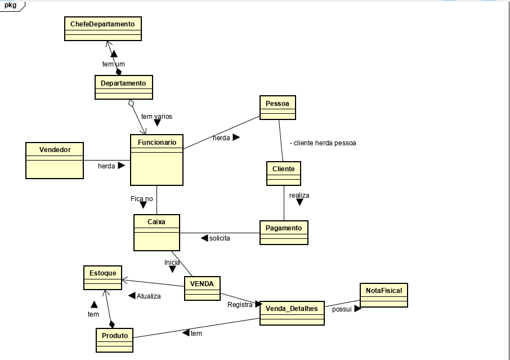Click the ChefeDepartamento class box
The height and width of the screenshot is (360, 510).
[x=103, y=29]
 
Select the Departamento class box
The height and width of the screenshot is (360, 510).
[x=124, y=87]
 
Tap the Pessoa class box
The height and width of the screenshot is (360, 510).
[x=278, y=108]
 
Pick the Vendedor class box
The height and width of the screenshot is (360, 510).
[x=55, y=161]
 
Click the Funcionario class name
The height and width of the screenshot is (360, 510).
[x=157, y=142]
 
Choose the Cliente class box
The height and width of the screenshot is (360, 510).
[x=284, y=174]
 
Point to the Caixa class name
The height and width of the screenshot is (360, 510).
[x=156, y=221]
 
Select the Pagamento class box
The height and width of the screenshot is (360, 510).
[x=284, y=233]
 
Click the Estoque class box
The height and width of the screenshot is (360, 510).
[x=103, y=278]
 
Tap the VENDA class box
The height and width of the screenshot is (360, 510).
[x=202, y=288]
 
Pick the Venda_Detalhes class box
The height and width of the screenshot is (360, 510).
[x=292, y=313]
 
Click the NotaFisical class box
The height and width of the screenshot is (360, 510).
[x=384, y=295]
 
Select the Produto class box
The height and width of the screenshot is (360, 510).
[x=114, y=340]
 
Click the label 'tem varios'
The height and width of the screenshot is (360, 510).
[x=157, y=116]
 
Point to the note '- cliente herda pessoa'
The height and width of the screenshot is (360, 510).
[x=323, y=143]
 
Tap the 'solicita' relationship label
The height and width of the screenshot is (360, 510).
[x=220, y=238]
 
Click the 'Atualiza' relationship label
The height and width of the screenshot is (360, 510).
[x=149, y=296]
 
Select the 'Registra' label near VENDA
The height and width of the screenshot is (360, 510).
[x=240, y=305]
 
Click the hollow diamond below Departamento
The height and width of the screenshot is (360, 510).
[x=131, y=103]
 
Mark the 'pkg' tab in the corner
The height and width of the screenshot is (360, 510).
[x=11, y=5]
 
